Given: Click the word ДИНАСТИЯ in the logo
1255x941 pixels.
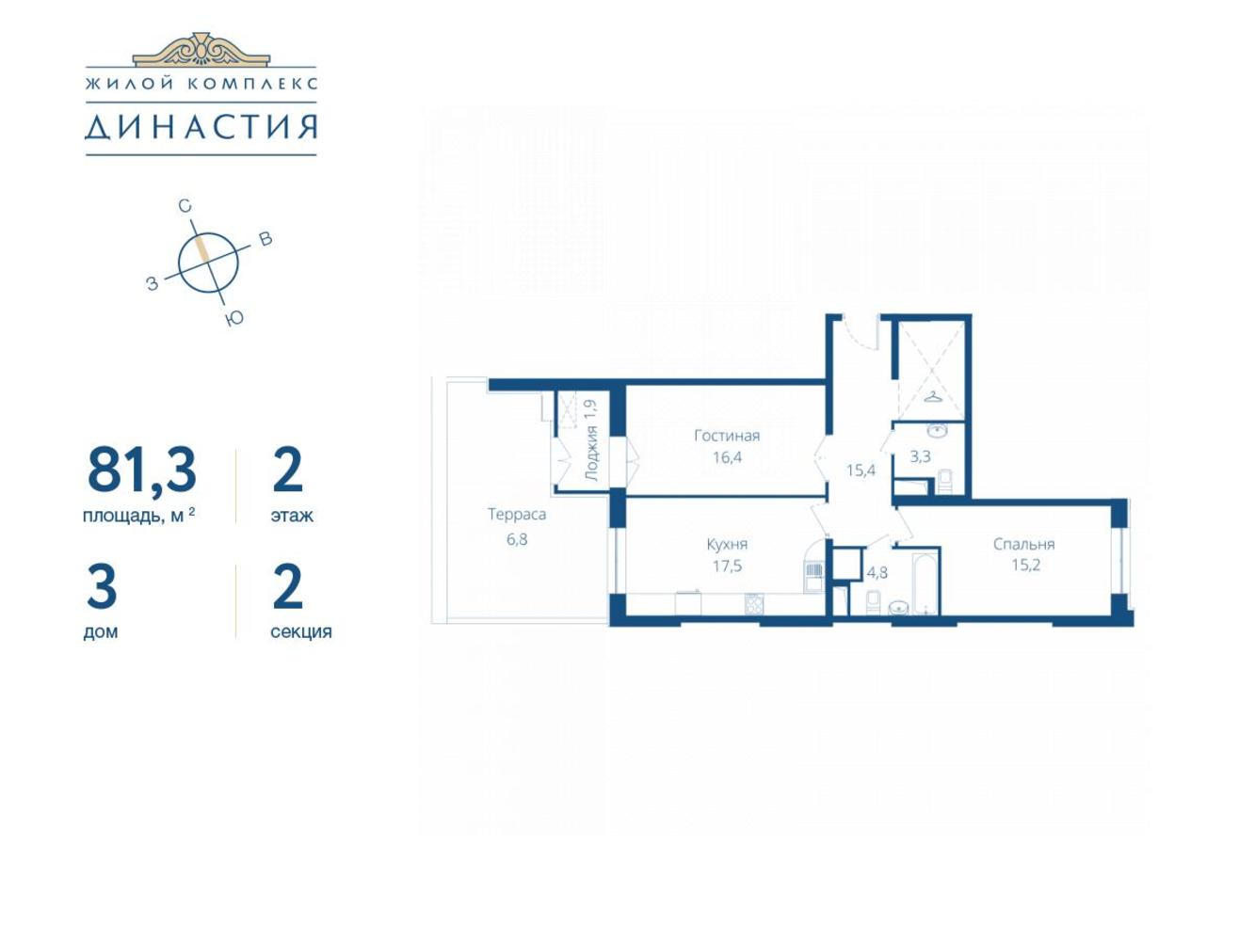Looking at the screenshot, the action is coord(201,127).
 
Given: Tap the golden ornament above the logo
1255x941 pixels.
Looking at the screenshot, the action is coord(201,48).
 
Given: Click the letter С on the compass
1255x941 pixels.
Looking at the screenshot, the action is coord(185,206).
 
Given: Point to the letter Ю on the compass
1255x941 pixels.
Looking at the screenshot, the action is coord(234,318).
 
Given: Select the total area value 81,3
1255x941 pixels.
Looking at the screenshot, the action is coord(142,470).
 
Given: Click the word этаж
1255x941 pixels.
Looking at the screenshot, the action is coord(292,516).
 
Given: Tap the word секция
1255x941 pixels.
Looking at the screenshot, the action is coord(300,632).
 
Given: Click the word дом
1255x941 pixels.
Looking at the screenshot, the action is coord(101,632).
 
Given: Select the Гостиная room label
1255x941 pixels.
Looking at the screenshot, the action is coord(727,436).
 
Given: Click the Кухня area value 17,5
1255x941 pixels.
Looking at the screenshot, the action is coord(727,566).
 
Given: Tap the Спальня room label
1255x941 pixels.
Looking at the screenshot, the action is coord(1023,544).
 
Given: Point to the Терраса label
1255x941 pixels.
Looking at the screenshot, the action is coord(516,514).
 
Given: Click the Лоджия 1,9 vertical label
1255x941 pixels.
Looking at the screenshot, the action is coord(590,440).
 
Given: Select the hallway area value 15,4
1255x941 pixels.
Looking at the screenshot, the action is coord(861,470).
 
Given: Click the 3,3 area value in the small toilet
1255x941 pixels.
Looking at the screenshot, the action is coord(921,456).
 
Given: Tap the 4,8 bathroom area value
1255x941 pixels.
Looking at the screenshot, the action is coord(877,572).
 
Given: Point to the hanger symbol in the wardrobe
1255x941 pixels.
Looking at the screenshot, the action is coord(932,396).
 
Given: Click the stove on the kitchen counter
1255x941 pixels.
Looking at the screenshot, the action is coord(753,604).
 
